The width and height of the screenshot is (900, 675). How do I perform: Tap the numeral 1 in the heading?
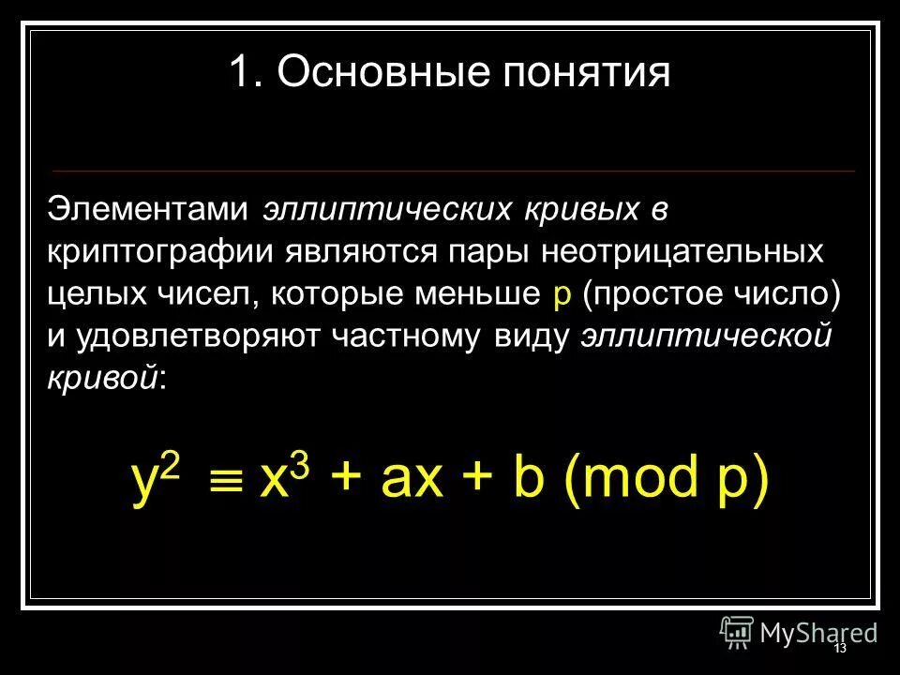tap(241, 73)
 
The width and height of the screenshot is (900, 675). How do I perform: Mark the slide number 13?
tap(839, 649)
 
